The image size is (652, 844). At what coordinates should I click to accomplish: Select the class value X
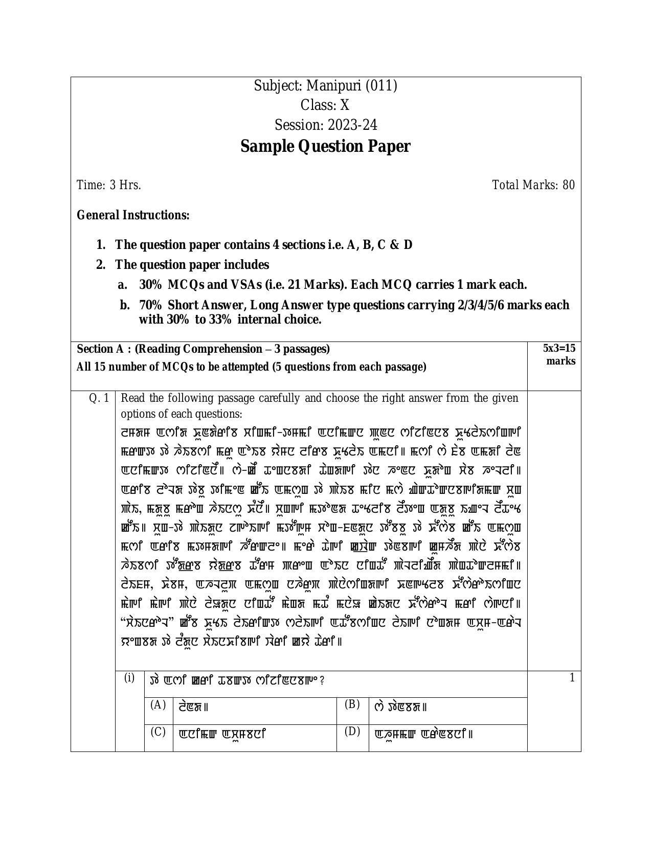point(345,105)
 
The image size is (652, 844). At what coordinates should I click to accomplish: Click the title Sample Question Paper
point(325,147)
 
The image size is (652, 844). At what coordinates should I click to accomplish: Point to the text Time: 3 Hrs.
point(109,185)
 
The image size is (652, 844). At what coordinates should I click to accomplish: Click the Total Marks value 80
point(569,185)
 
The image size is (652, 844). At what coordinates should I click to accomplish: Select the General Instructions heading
point(133,215)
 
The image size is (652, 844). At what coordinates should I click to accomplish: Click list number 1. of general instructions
point(101,245)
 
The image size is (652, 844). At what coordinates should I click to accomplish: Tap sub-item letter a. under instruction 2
point(123,285)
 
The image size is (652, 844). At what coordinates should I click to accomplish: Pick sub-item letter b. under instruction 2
point(124,305)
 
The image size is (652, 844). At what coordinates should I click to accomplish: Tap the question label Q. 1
point(99,398)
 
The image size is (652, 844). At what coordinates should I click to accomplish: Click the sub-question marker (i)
point(129,678)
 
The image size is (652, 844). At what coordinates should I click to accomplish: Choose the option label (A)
point(158,705)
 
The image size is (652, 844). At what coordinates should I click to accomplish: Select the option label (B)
point(352,704)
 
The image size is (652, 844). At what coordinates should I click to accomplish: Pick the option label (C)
point(158,732)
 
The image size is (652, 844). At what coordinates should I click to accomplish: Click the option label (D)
point(352,732)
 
